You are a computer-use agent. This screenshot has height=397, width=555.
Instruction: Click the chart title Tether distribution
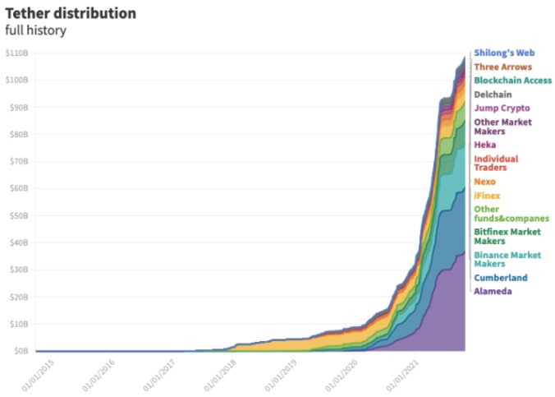point(71,14)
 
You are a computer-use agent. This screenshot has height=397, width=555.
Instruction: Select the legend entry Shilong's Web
point(504,53)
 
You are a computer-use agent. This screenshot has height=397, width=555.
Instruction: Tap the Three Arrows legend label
point(502,67)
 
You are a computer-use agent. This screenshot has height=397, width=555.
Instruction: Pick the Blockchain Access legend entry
point(512,81)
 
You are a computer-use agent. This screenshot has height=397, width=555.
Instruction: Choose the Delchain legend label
point(493,95)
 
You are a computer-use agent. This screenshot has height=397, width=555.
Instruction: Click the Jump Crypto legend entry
point(502,108)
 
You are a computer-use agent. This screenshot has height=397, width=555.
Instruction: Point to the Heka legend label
point(484,145)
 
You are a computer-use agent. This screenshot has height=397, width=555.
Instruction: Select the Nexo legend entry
point(485,182)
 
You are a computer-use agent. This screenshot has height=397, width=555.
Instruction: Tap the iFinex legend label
point(487,196)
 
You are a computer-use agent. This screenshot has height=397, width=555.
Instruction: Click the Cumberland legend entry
point(501,278)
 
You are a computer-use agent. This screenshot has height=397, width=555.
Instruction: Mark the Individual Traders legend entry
point(496,163)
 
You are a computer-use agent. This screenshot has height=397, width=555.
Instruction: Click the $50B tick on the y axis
point(18,215)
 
